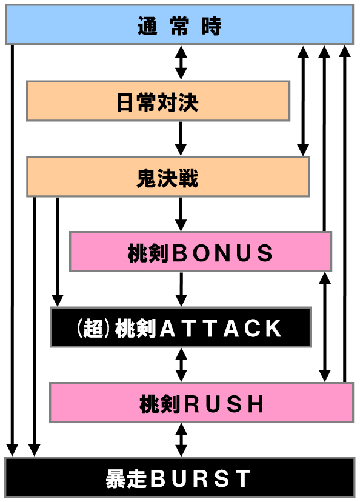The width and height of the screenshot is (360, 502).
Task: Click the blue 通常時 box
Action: pyautogui.click(x=179, y=25)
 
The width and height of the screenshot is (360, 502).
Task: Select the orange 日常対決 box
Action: pyautogui.click(x=158, y=101)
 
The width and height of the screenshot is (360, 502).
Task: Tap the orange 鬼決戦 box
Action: pyautogui.click(x=168, y=176)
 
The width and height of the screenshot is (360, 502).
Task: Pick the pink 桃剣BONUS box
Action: pyautogui.click(x=201, y=252)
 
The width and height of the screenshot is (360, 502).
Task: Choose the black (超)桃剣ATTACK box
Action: pyautogui.click(x=181, y=327)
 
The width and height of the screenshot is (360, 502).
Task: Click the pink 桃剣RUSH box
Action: pyautogui.click(x=202, y=403)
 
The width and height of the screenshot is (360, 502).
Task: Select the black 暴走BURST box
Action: pyautogui.click(x=180, y=478)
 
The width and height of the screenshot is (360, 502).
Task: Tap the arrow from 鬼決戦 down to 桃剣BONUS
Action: pyautogui.click(x=181, y=214)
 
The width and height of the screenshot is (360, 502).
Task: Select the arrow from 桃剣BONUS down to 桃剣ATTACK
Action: pyautogui.click(x=181, y=289)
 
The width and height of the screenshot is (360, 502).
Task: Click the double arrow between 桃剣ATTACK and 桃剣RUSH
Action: pyautogui.click(x=181, y=364)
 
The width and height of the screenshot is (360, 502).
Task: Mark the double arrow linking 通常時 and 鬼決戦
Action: pyautogui.click(x=303, y=101)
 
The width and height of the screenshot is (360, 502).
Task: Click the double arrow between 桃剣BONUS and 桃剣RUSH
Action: pyautogui.click(x=325, y=327)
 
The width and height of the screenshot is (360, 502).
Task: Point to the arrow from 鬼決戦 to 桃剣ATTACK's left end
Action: pyautogui.click(x=58, y=252)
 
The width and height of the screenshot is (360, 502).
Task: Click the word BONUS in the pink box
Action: pyautogui.click(x=222, y=253)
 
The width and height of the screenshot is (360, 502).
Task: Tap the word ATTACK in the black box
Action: pyautogui.click(x=221, y=328)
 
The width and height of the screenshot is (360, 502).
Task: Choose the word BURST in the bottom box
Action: pyautogui.click(x=201, y=479)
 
